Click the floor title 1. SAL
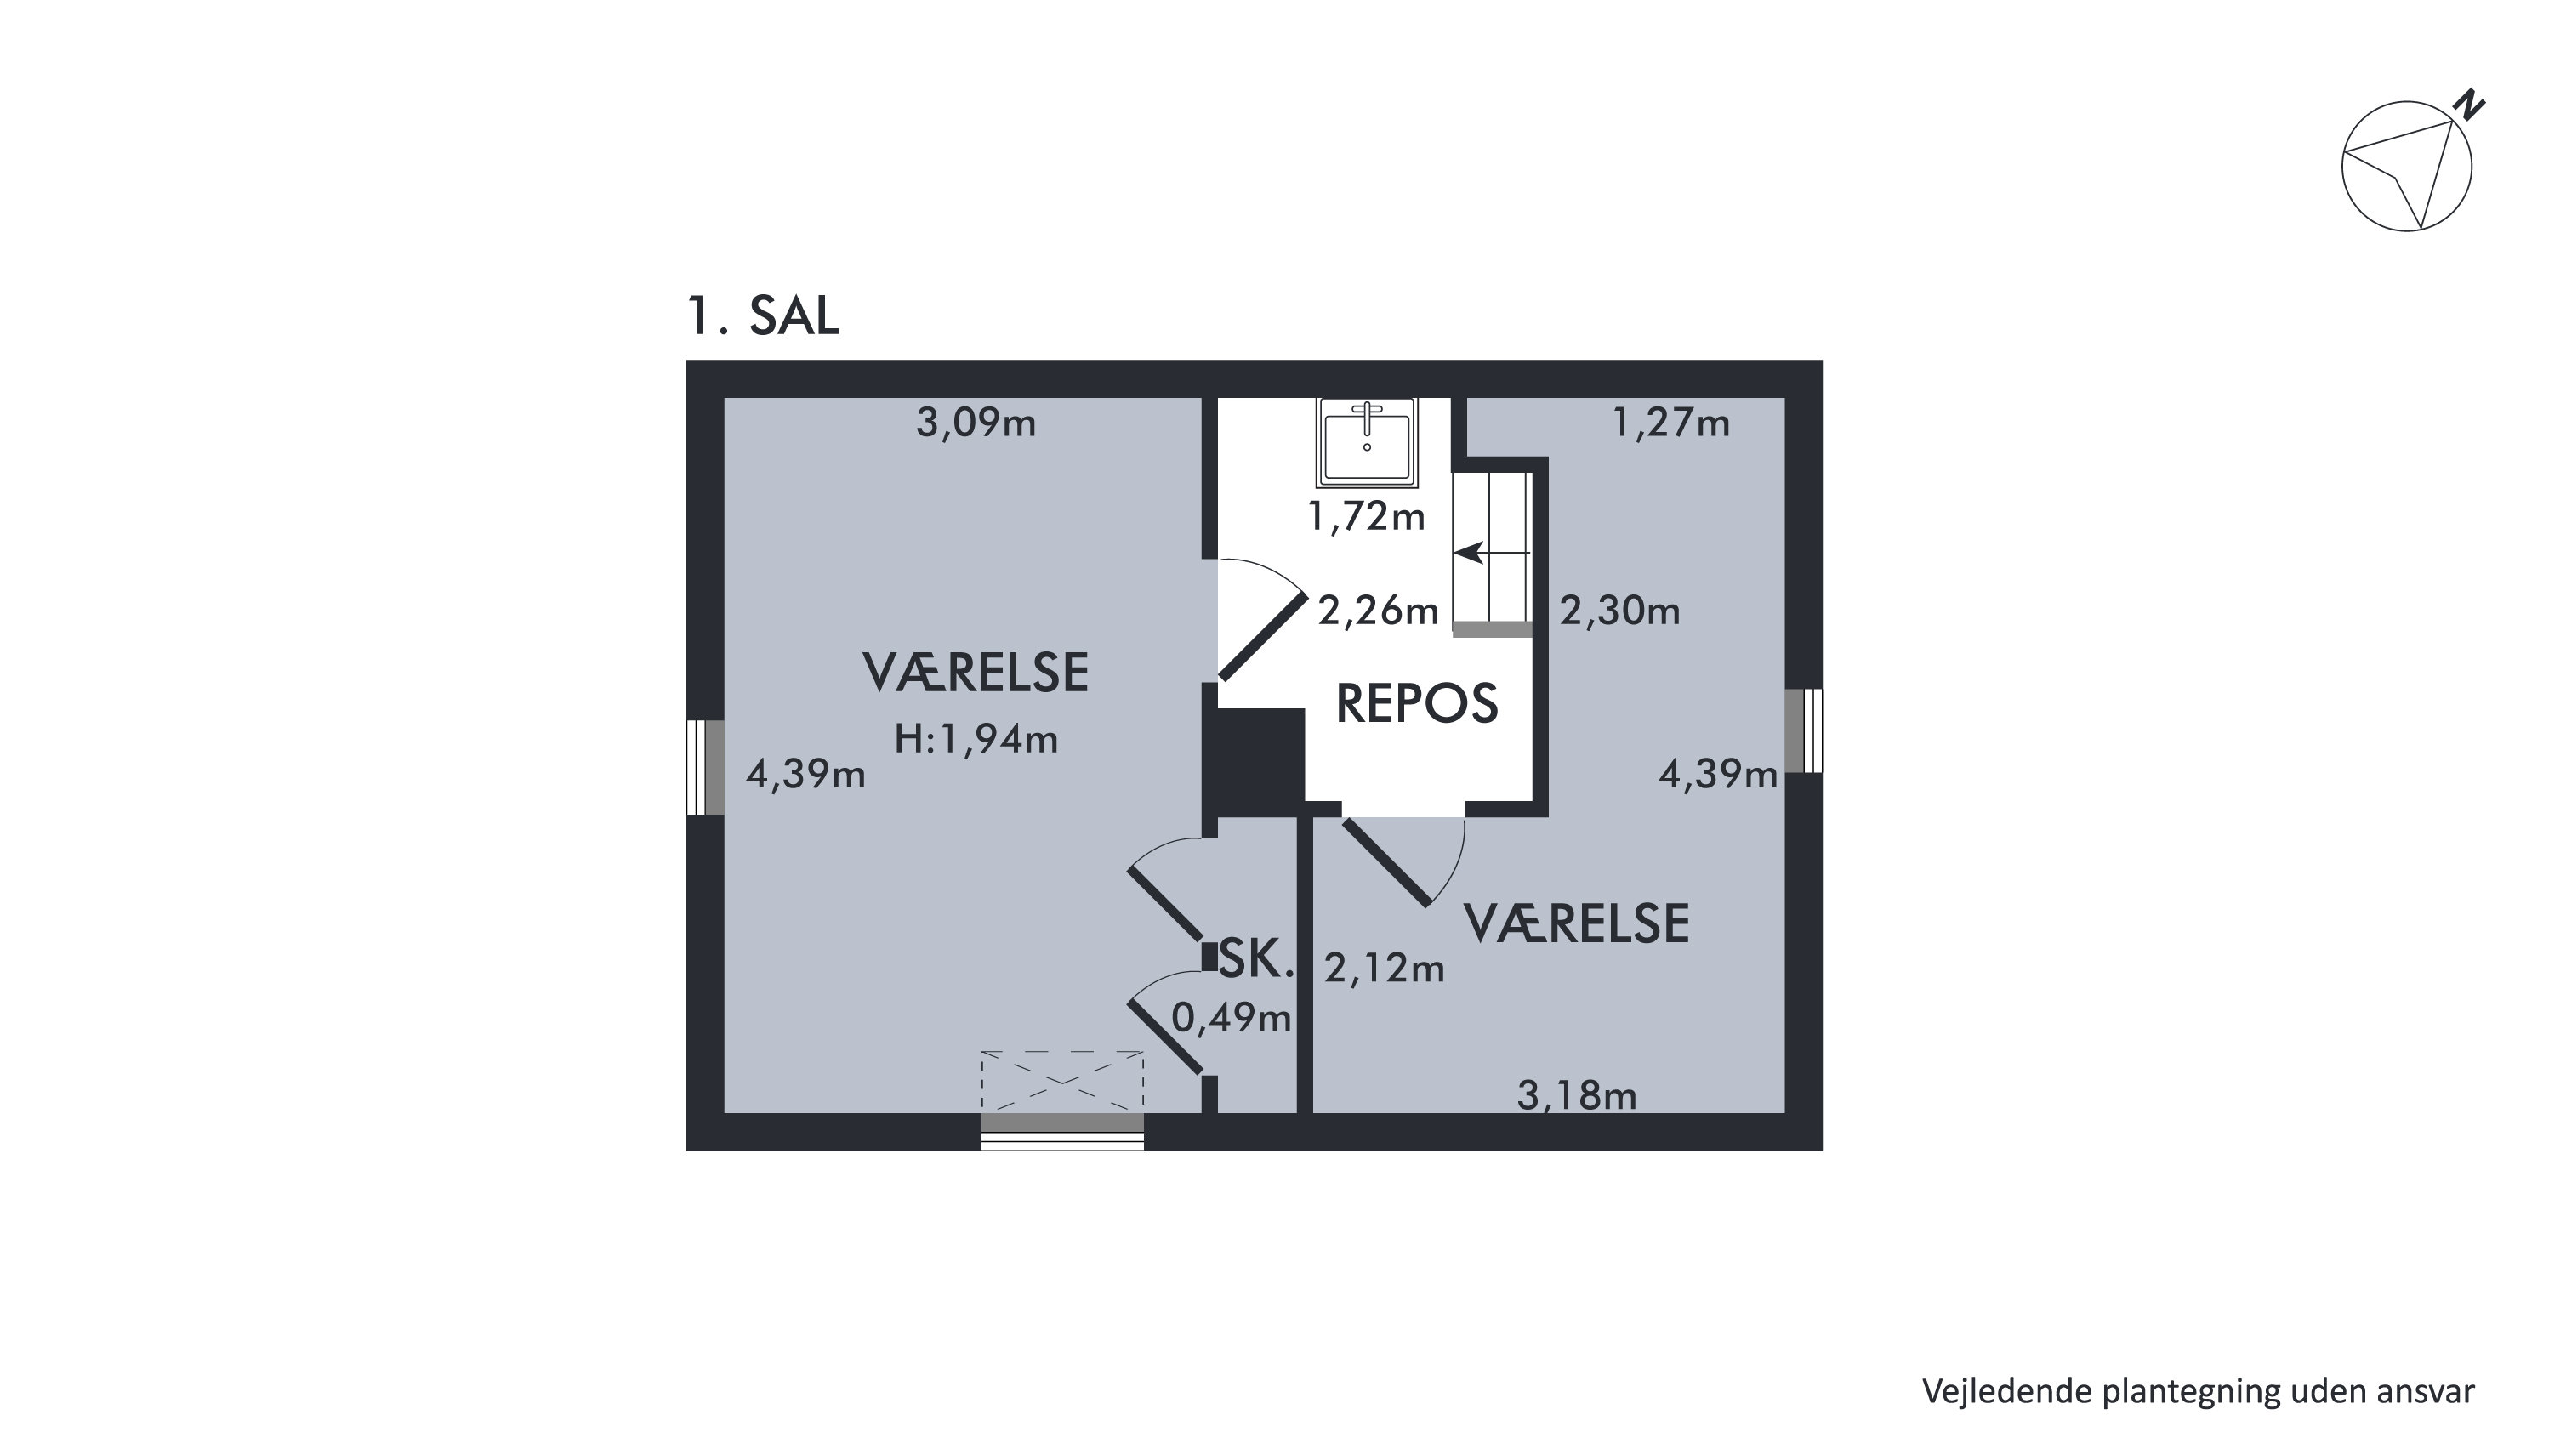(763, 315)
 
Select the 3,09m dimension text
(976, 423)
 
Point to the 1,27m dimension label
(1671, 423)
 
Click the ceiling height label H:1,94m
(976, 739)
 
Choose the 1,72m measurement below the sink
(1366, 516)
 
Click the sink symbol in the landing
(1367, 442)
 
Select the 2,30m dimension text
(1620, 611)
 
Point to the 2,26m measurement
(1377, 611)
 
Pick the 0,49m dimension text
(1231, 1017)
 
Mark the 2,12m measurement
(1385, 968)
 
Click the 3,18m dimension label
(1576, 1095)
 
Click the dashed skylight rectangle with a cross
(1061, 1082)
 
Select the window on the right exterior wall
(1804, 730)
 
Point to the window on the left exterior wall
(706, 767)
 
